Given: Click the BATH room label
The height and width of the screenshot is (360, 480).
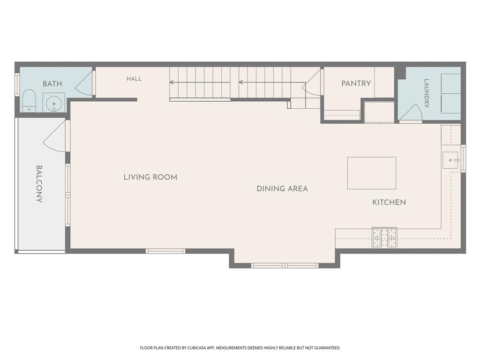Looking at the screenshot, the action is coord(52,83).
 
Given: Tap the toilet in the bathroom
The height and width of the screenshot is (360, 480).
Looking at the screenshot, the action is coord(30,101).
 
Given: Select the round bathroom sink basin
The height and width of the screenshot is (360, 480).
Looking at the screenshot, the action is coord(53,103).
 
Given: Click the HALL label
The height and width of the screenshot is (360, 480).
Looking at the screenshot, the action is coord(134,79).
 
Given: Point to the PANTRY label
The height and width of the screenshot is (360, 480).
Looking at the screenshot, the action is coord(356,83).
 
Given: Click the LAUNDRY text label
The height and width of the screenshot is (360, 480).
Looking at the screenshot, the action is coord(426,93).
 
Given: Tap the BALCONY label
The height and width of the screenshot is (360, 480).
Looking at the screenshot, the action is coord(39,184).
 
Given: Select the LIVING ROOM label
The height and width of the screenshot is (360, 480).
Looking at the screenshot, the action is coord(150,177).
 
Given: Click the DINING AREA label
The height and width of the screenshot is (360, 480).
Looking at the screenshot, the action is coord(282,188).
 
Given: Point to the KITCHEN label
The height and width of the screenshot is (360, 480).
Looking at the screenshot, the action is coord(389,202).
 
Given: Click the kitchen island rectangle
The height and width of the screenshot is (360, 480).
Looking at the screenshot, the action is coord(372,173).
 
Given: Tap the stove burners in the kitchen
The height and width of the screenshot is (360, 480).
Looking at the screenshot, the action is coord(384,238).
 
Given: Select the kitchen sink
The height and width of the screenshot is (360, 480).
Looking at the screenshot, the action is coord(450,160).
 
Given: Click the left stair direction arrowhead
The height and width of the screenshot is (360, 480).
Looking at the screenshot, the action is coord(172,82).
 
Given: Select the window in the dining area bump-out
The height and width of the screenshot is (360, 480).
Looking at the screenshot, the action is coord(285,265).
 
